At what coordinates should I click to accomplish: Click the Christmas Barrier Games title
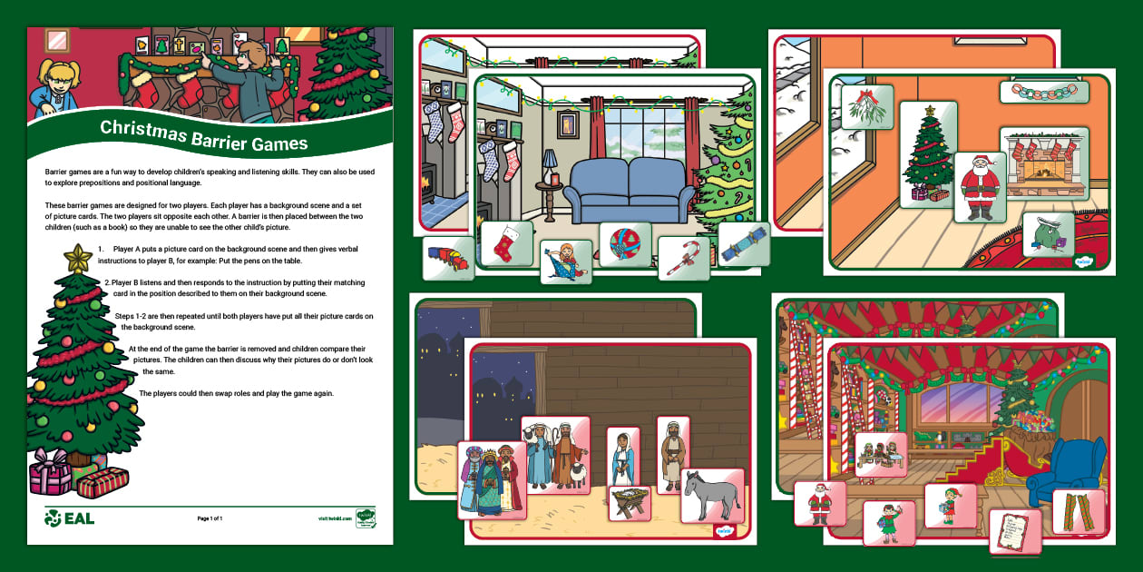[203, 135]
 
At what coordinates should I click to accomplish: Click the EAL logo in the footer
[70, 518]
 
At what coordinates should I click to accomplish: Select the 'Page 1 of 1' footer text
[210, 518]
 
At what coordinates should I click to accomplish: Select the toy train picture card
[448, 259]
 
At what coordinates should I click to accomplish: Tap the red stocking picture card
[506, 242]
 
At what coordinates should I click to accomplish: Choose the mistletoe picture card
[866, 108]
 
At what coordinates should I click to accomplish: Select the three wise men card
[492, 478]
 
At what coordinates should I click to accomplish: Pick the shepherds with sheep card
[555, 454]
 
